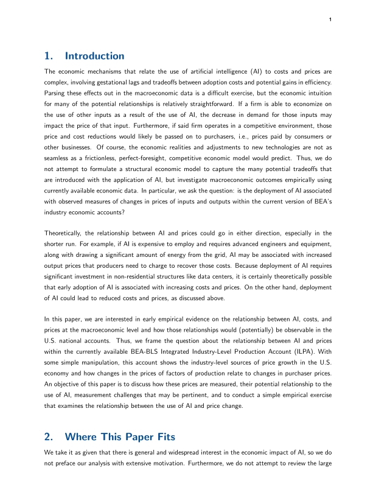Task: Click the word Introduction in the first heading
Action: tap(94, 56)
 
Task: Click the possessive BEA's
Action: tap(321, 192)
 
